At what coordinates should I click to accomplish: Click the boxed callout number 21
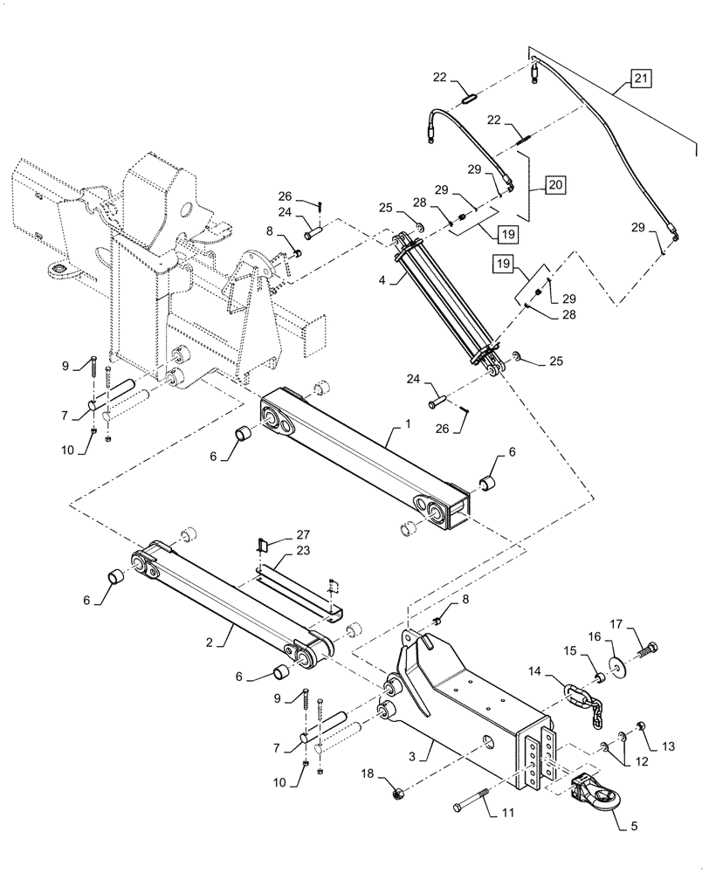click(641, 80)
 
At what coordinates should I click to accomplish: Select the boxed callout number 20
click(556, 185)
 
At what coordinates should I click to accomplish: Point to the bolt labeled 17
click(652, 649)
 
